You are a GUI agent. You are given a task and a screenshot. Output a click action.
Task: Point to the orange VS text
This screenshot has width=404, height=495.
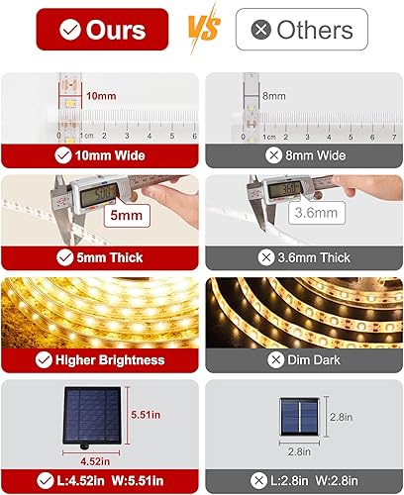click(x=201, y=29)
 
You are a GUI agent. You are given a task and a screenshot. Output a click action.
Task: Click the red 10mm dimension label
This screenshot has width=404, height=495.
click(x=100, y=96)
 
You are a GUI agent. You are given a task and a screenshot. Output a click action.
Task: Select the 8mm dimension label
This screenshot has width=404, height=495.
click(x=274, y=96)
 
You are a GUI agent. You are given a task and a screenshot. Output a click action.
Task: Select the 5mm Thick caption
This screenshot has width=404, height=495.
click(x=101, y=256)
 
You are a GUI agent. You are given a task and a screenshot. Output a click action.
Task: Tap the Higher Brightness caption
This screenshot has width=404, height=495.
click(x=101, y=359)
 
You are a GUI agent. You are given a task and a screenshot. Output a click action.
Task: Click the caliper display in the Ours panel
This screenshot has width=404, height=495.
click(x=105, y=194)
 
